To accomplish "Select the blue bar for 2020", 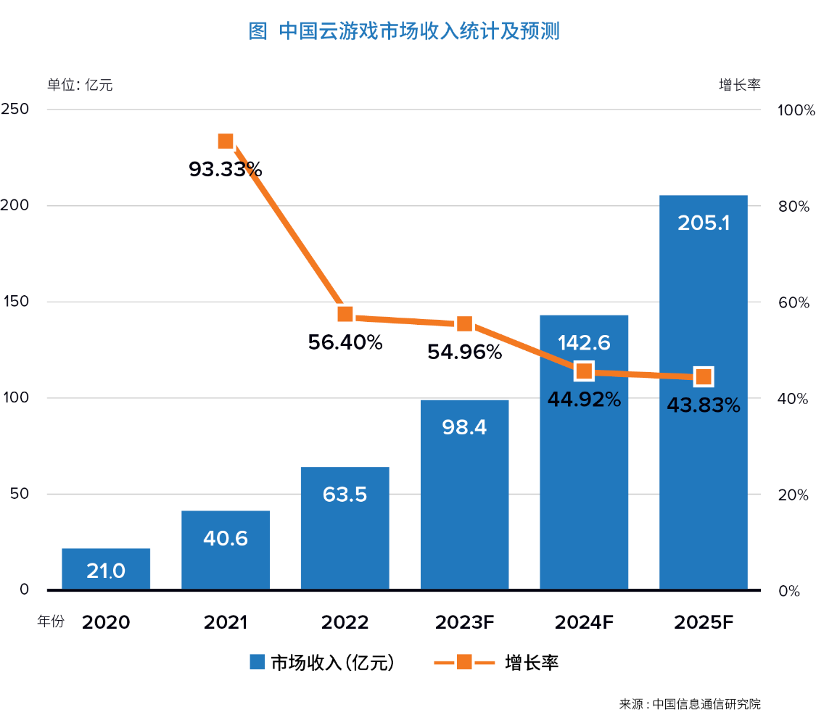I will coord(106,569).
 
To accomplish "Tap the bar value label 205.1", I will coord(703,223).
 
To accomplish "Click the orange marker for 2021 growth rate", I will coord(226,141).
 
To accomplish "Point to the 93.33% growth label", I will coord(225,170).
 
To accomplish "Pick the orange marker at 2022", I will coord(345,314).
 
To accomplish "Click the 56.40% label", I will coord(345,342).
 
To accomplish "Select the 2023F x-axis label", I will coord(464,622).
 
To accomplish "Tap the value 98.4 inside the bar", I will coord(464,427).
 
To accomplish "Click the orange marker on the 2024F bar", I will coord(584,371).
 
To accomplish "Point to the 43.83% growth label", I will coord(703,405).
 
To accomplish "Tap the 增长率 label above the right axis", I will coord(739,84).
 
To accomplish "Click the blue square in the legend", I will coord(257,662).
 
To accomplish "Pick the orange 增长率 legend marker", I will coord(464,662).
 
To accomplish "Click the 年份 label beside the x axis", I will coord(51,621).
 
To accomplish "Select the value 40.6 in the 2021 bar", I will coord(226,538).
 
